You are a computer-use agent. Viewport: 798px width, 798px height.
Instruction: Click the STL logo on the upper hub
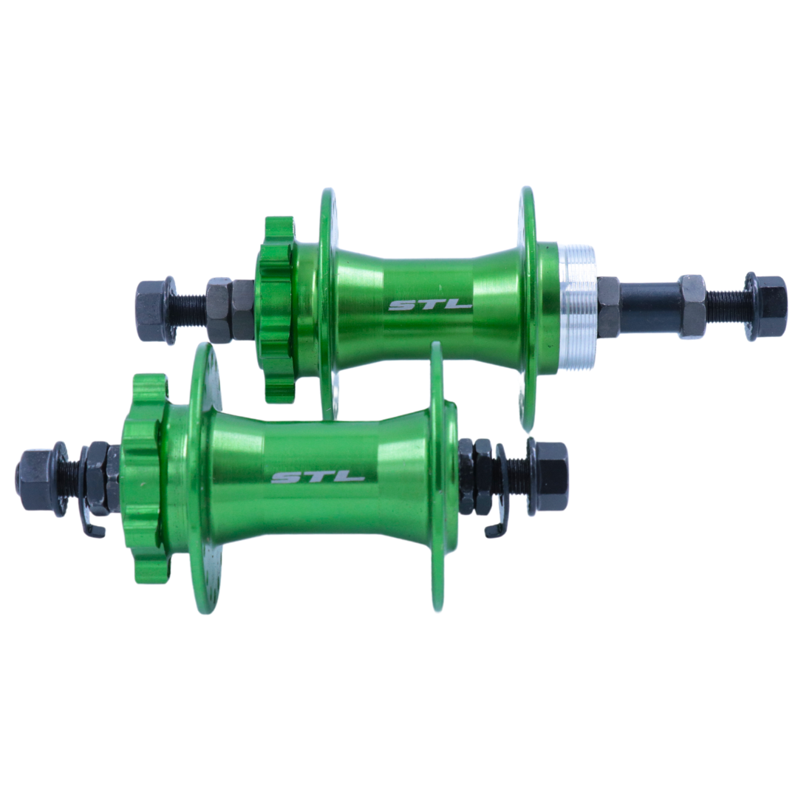tap(430, 305)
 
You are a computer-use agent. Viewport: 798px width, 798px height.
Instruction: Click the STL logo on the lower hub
tap(318, 477)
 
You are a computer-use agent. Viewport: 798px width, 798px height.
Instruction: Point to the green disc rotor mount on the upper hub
tap(277, 308)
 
